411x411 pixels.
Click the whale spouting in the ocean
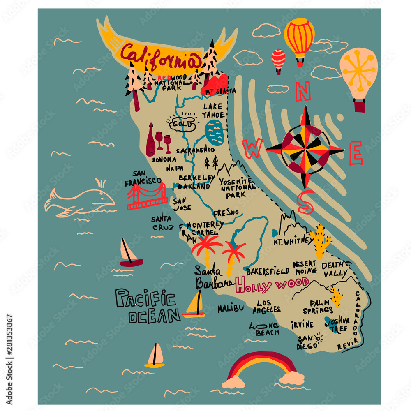(80, 201)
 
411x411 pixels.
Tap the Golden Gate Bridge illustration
(147, 196)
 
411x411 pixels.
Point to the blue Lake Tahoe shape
(215, 132)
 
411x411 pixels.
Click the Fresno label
(226, 212)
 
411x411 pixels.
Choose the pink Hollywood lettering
(271, 284)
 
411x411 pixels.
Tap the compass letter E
(356, 153)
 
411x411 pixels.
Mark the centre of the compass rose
(305, 150)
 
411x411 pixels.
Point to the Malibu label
(231, 308)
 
